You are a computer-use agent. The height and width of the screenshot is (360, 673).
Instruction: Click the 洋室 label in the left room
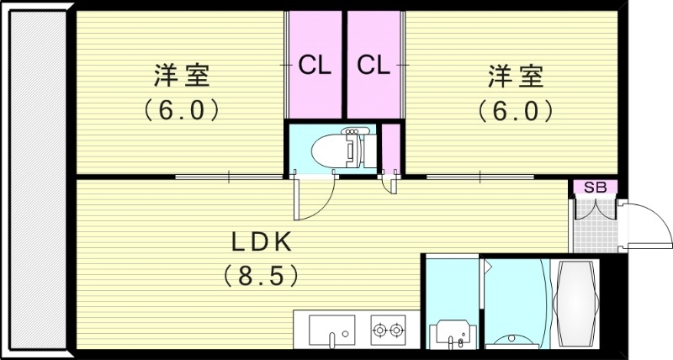click(x=181, y=77)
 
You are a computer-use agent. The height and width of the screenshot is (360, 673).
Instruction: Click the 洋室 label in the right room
click(x=516, y=77)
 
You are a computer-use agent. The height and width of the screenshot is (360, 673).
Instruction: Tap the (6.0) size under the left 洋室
click(x=181, y=110)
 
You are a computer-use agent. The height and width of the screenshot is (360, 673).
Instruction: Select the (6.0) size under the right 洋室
click(x=516, y=110)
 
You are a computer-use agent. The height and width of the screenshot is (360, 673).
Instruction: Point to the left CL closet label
click(x=315, y=64)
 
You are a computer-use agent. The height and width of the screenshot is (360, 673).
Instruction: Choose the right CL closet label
click(x=374, y=64)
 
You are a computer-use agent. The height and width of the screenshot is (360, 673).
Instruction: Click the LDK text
click(x=262, y=242)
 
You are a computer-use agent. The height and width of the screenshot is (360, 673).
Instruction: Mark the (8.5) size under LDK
click(x=262, y=274)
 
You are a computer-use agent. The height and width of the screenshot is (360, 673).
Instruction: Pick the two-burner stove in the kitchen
click(x=388, y=328)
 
